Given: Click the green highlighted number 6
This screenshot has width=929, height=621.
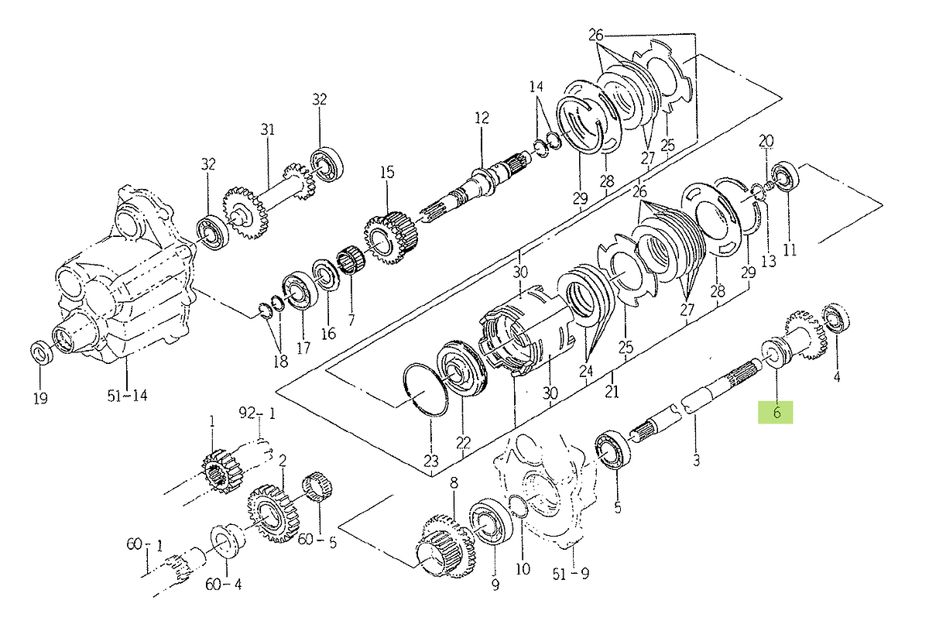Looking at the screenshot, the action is click(776, 413).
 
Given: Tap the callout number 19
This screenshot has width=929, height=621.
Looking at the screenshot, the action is click(40, 398).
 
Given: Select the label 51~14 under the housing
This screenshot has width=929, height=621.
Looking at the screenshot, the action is click(127, 396).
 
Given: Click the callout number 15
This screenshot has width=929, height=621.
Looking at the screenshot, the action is click(386, 172).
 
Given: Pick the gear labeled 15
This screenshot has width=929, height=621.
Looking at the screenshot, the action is click(390, 238).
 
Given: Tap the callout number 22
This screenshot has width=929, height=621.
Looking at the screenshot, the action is click(463, 442).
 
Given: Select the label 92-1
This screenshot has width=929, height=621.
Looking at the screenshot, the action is click(258, 413).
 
